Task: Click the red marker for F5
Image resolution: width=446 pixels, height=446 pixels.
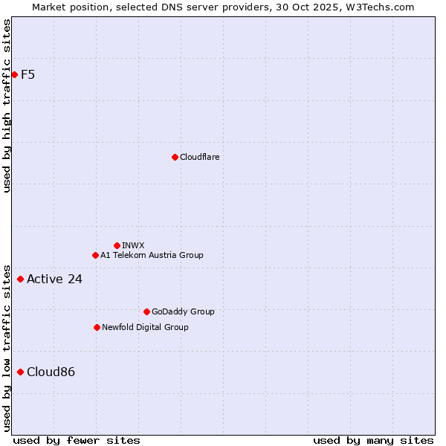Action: [x=14, y=74]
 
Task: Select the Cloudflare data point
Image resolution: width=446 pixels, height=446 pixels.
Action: [x=175, y=157]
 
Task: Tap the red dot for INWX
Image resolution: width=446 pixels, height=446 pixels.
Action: [x=117, y=245]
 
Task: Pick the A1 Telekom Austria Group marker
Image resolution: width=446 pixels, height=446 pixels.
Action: [x=95, y=255]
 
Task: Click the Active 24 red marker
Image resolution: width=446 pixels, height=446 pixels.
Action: [x=20, y=279]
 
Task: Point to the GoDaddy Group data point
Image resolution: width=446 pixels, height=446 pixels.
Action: [x=146, y=311]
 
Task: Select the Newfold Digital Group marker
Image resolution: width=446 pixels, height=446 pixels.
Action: [x=97, y=327]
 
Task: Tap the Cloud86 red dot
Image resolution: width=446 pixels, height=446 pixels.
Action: [x=20, y=372]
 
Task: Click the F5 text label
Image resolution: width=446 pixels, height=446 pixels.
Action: [x=28, y=74]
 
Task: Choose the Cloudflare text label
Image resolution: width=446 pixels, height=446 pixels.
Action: [x=199, y=157]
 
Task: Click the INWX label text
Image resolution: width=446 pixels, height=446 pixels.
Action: [x=133, y=245]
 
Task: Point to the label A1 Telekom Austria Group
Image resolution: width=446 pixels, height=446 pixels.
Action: [x=152, y=255]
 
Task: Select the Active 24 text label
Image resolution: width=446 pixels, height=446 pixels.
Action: [x=54, y=279]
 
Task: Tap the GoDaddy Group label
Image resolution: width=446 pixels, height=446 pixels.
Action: [x=183, y=311]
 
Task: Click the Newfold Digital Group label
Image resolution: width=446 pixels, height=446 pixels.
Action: [x=145, y=327]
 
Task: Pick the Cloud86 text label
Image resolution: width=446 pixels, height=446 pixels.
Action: [x=51, y=372]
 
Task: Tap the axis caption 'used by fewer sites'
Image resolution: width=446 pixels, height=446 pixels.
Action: [x=77, y=440]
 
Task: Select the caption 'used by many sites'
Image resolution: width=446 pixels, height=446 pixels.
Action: [x=373, y=440]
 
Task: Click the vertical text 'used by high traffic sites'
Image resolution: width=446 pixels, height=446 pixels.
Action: [x=7, y=106]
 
